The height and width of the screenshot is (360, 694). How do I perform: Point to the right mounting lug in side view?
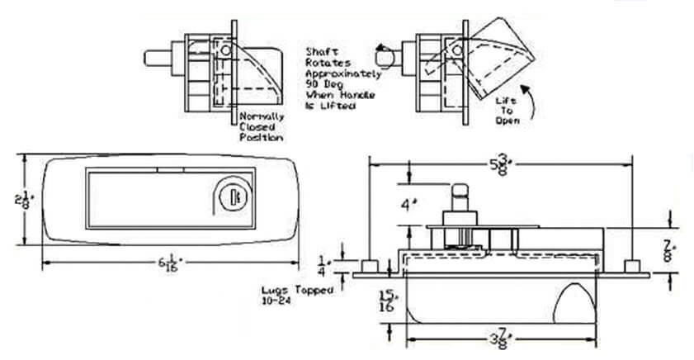tap(631, 265)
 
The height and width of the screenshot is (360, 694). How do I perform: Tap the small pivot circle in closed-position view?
tap(226, 50)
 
